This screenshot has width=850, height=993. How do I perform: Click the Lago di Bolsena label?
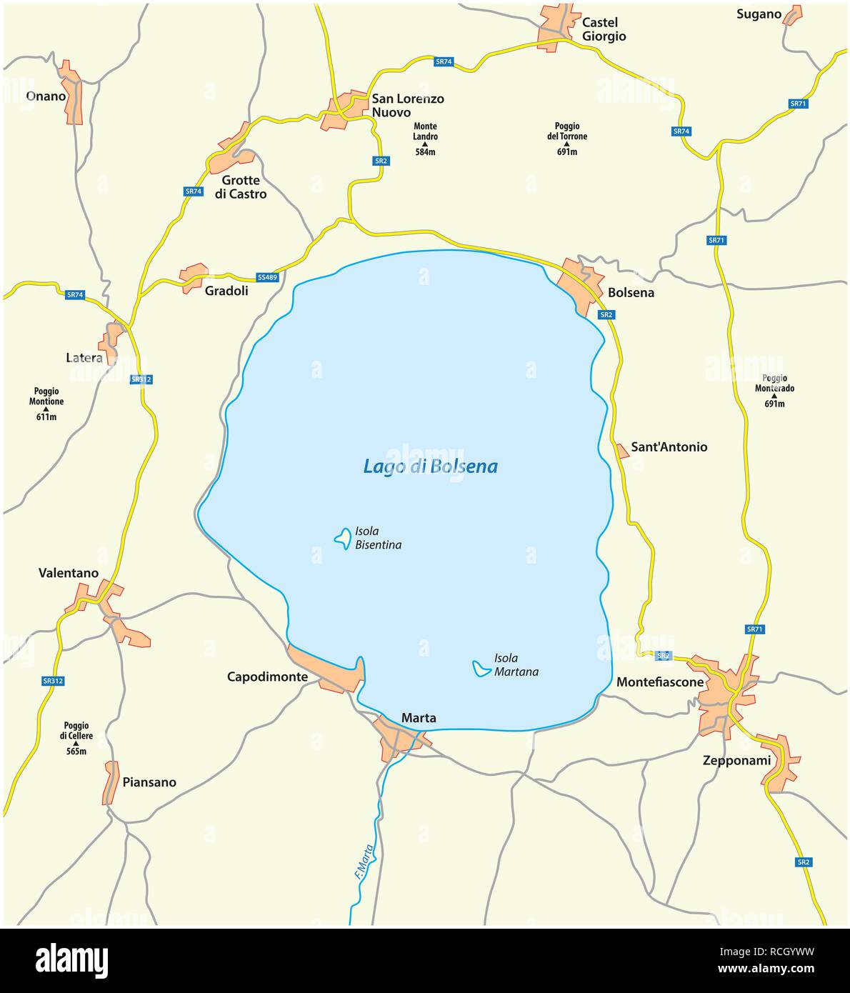[430, 466]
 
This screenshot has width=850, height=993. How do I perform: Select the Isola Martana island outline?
[481, 669]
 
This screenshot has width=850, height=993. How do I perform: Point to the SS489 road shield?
[267, 276]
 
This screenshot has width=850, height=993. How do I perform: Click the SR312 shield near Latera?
[141, 379]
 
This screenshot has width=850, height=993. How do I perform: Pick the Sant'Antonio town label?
[669, 447]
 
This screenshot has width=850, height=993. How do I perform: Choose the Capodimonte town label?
[267, 677]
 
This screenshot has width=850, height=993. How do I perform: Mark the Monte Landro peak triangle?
[425, 144]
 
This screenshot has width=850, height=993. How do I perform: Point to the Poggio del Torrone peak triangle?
[567, 144]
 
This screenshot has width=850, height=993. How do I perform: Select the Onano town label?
[46, 96]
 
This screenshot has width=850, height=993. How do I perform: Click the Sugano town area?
[791, 16]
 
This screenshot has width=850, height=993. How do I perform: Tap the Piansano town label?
[149, 782]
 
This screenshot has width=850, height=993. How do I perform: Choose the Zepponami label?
[736, 760]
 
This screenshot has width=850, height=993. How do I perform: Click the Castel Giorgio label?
[604, 29]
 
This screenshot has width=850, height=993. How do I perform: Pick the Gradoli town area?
[193, 276]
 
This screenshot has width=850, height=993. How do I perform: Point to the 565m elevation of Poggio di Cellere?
[75, 751]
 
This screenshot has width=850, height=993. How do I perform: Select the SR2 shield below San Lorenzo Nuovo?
[381, 161]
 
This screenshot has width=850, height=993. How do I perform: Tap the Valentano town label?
[69, 573]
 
